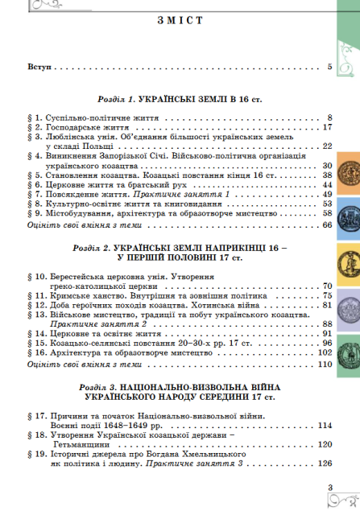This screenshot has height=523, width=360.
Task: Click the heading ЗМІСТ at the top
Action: coord(180,22)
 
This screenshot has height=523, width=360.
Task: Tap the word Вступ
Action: coord(39,68)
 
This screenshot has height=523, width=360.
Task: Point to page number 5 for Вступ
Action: coord(329,68)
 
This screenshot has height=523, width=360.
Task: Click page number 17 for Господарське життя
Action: coord(327,127)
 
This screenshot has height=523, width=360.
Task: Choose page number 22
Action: coord(327,146)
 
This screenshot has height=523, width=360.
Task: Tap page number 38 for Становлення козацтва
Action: coord(327,175)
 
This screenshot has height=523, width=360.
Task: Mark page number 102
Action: coord(325,329)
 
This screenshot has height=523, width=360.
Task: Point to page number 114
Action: coord(325,424)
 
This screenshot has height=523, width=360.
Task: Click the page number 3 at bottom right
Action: coord(330,485)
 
